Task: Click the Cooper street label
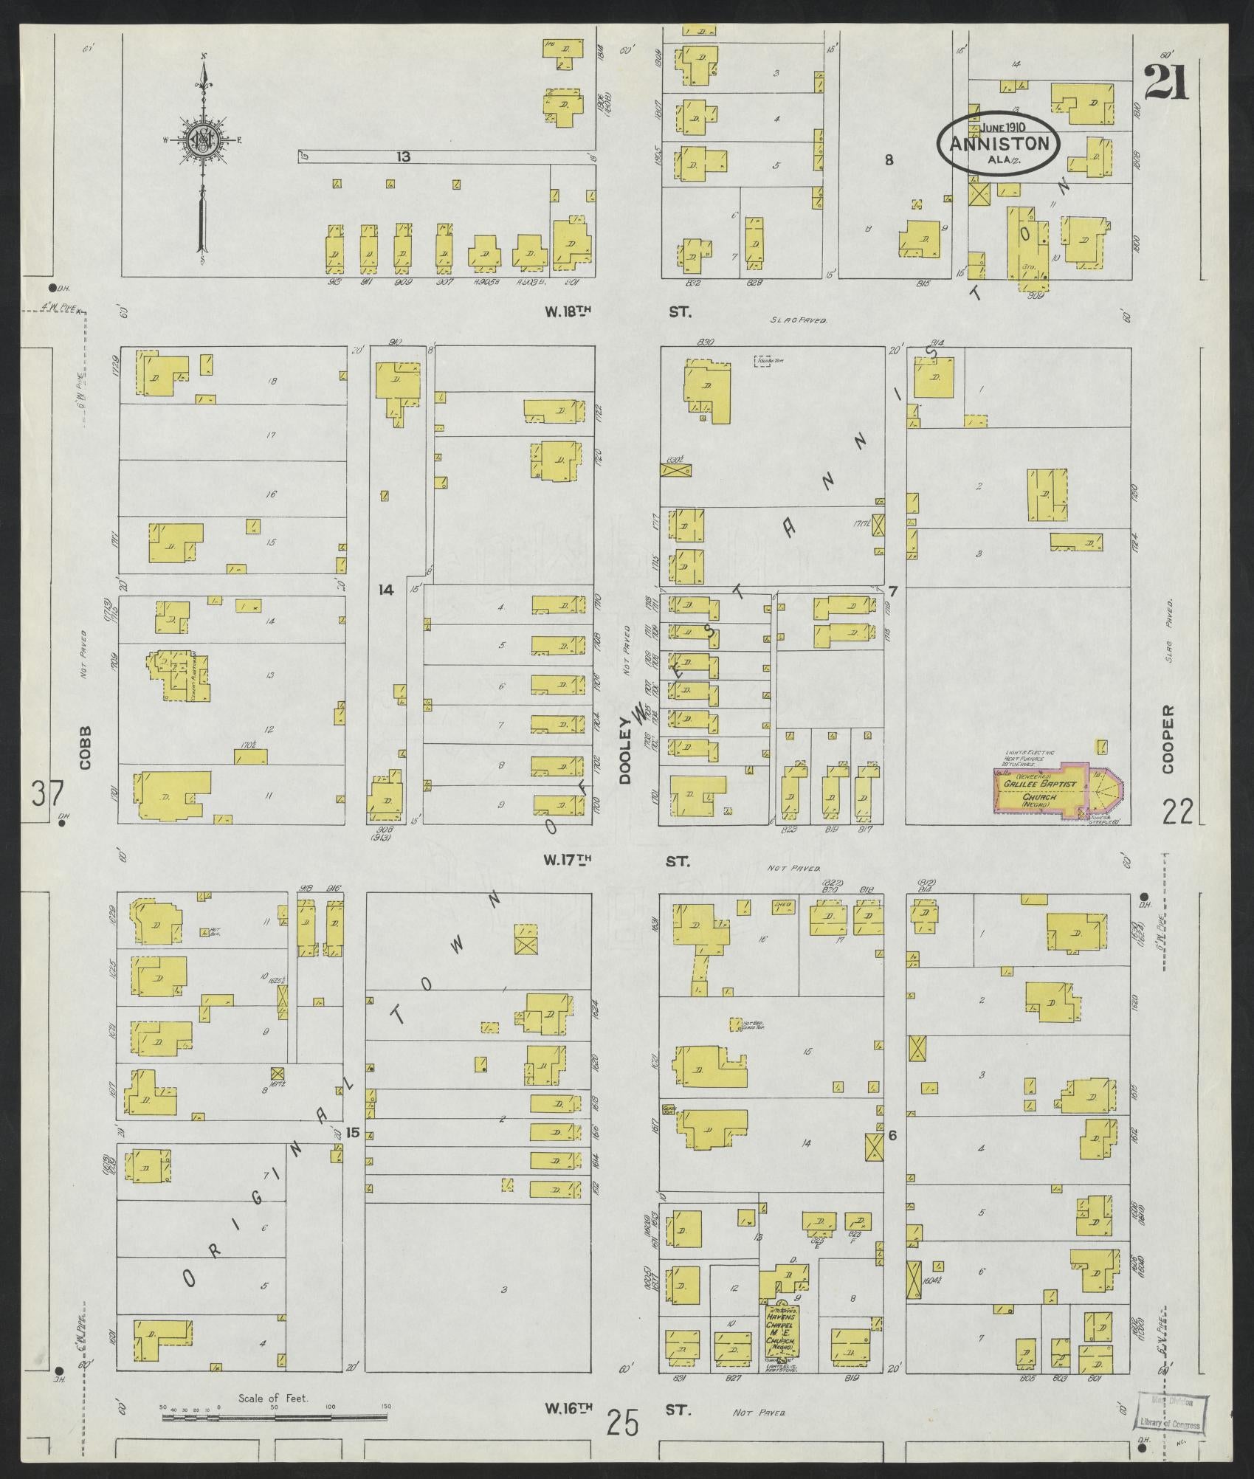1167,739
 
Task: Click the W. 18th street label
568,312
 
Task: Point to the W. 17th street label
568,860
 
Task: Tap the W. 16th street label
568,1410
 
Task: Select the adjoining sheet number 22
1178,813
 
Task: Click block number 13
403,156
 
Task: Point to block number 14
385,589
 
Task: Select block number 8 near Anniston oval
889,159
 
